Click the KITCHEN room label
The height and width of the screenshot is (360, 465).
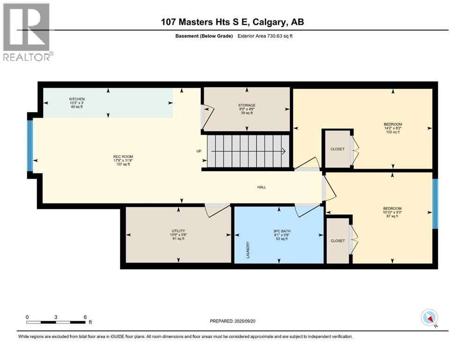pos(76,99)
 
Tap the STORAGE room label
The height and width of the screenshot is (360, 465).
pos(246,105)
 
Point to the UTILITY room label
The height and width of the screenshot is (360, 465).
pos(177,231)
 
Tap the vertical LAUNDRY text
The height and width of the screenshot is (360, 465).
pos(249,250)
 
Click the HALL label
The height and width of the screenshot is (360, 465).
pos(261,187)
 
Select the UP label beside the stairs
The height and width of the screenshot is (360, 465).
pos(199,151)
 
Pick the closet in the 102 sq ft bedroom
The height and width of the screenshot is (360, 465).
pos(337,149)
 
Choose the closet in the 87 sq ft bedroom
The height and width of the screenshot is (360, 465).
pos(337,240)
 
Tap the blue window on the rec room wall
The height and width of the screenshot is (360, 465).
pos(30,146)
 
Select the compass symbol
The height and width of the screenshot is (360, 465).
pos(429,318)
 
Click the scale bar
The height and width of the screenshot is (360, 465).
pos(56,322)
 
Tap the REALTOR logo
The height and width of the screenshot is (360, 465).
pos(27,32)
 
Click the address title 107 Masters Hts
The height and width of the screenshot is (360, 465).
pos(232,22)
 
